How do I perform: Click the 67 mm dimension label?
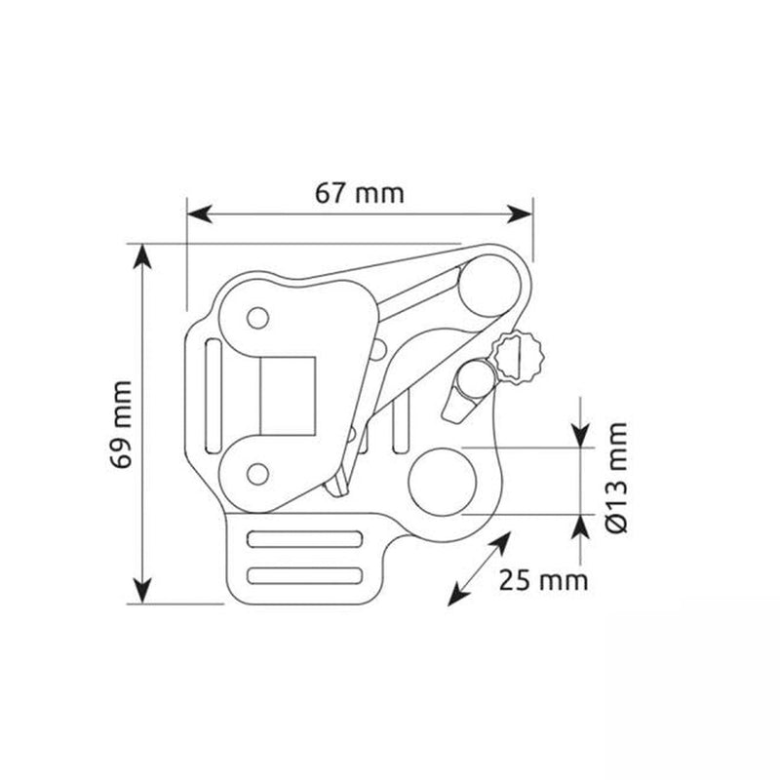pos(359,193)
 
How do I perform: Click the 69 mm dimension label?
pos(121,425)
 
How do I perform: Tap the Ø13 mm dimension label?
pos(617,478)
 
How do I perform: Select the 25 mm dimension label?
pos(543,580)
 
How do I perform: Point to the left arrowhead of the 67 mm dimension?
pos(199,214)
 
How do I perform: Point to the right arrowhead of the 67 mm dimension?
pos(520,214)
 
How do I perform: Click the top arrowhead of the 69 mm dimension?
pos(142,256)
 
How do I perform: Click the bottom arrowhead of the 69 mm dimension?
pos(142,591)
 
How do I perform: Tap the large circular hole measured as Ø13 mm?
pos(442,482)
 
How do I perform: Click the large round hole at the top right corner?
pos(489,286)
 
